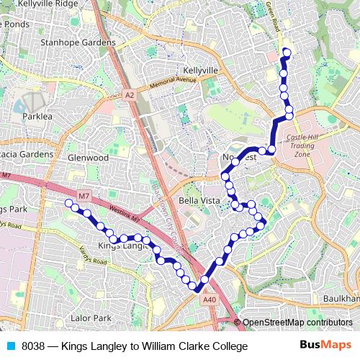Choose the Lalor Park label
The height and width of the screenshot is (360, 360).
tap(91, 318)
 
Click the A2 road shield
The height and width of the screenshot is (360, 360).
tap(129, 94)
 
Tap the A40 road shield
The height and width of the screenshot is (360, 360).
tap(209, 300)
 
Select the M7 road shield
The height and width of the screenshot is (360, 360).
tap(84, 196)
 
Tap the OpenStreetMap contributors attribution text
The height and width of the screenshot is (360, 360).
tap(297, 323)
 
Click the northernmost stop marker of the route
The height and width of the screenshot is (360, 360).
tap(287, 51)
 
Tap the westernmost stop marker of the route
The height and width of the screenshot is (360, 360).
tap(69, 204)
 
